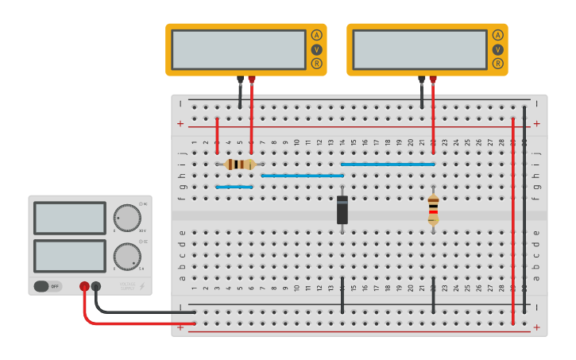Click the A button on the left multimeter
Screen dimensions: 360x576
316,35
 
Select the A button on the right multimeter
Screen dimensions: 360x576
497,35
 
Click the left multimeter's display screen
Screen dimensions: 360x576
238,49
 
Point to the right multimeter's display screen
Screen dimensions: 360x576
419,49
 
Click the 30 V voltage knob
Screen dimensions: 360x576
126,217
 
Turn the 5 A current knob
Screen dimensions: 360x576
126,256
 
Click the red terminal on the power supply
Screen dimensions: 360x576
84,286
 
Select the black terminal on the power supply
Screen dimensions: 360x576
96,286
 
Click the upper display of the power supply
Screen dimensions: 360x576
70,218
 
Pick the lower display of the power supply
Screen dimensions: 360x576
70,256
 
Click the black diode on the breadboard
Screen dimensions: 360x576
342,209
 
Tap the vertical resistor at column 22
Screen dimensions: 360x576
433,209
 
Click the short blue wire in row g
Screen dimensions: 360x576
234,188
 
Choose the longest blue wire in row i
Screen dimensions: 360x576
388,165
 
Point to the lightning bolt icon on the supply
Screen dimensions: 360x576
143,285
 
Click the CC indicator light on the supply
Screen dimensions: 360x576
141,242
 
